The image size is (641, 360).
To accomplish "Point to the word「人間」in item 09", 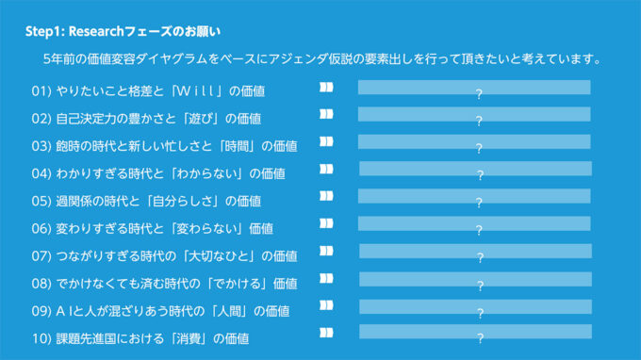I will click(x=245, y=310).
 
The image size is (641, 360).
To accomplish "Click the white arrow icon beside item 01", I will click(x=326, y=88).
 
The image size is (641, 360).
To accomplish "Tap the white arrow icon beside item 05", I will click(x=326, y=196).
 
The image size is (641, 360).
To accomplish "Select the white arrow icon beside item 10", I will click(x=326, y=333).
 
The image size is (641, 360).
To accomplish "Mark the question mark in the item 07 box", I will click(x=479, y=257).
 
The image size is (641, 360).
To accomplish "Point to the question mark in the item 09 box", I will click(x=479, y=312).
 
